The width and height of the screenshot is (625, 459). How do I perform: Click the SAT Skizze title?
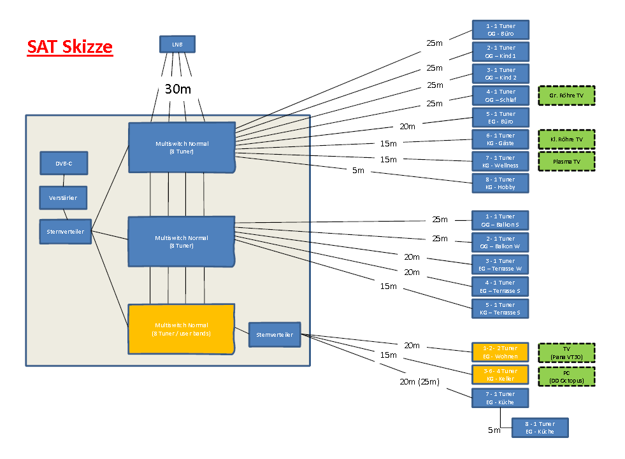point(70,47)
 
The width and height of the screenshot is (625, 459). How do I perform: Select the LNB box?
point(176,44)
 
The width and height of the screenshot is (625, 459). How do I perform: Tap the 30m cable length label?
point(178,89)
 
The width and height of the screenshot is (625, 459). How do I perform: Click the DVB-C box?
point(64,163)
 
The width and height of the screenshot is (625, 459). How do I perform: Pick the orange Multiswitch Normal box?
point(181,329)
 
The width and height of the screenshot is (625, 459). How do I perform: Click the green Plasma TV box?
point(566,162)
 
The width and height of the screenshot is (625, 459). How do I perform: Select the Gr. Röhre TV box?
point(566,95)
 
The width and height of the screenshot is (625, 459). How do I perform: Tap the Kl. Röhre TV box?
point(566,139)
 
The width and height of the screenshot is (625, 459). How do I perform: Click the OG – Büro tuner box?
point(500,30)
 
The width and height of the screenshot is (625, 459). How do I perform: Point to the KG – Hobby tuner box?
point(500,183)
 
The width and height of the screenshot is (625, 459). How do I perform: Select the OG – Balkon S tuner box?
point(500,220)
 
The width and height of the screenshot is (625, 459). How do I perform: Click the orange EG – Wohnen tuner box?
point(500,352)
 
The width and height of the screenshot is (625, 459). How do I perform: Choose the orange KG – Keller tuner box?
point(500,374)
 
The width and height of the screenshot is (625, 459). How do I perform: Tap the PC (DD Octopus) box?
point(566,376)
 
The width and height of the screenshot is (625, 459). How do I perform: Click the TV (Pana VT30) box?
point(566,353)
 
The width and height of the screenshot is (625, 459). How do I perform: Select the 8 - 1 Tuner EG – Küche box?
point(540,427)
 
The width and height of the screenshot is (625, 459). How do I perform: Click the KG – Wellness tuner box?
point(500,161)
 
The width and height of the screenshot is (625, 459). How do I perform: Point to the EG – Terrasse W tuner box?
point(500,264)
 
